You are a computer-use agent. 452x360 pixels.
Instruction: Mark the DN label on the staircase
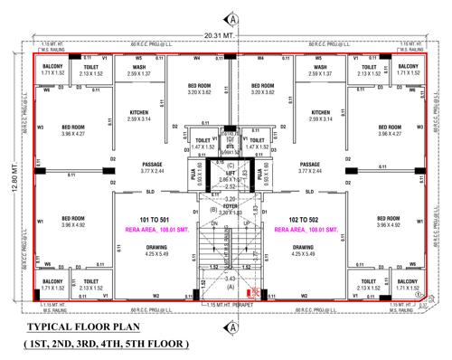click(213, 222)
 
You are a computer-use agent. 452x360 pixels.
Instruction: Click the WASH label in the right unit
click(319, 67)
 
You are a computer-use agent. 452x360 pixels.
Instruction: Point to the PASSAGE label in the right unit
click(316, 164)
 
